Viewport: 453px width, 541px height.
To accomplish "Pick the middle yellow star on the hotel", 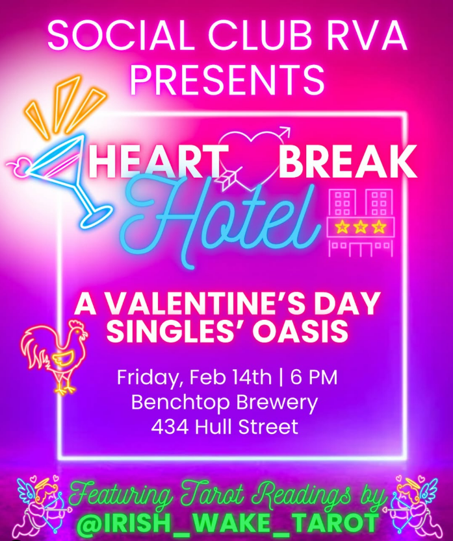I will (x=360, y=227).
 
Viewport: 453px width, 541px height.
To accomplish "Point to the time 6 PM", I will (x=317, y=378).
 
